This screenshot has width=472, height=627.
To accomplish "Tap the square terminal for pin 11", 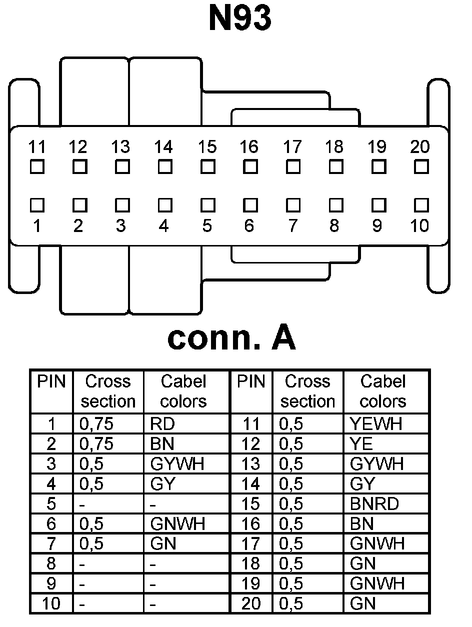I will click(x=36, y=166).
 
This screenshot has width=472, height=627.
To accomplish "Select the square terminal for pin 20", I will click(x=421, y=166).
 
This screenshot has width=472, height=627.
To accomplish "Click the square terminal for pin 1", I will click(x=36, y=205).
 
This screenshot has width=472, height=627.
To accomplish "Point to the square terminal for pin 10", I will click(x=421, y=205).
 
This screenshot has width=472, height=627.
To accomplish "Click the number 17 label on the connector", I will click(x=292, y=147).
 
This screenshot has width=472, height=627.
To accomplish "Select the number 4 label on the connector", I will click(x=164, y=226).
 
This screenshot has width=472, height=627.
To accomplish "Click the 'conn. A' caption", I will click(x=231, y=338).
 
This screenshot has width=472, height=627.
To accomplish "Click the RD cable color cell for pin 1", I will click(x=162, y=424).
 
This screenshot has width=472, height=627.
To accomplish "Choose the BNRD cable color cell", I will click(x=374, y=503).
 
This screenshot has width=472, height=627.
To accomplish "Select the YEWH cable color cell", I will click(x=376, y=424).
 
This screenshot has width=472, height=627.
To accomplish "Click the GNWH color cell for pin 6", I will click(x=177, y=523).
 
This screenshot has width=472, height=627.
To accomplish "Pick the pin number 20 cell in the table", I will click(x=251, y=603).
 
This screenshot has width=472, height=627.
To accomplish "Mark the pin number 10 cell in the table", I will click(x=51, y=603).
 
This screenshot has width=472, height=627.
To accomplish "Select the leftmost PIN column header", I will click(x=51, y=382).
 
